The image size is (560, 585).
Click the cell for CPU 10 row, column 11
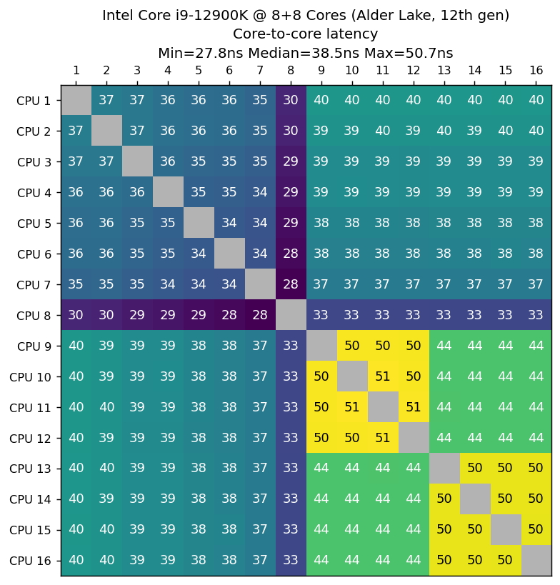click(382, 376)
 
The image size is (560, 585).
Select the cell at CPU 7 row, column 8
click(290, 284)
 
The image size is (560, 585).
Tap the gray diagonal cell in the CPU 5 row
click(198, 223)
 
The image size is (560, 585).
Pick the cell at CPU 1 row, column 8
click(290, 100)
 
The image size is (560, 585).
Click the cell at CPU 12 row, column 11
click(382, 438)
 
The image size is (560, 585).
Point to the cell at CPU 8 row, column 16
click(536, 315)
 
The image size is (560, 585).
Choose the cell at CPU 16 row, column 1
click(76, 560)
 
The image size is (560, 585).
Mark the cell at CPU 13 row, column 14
click(474, 469)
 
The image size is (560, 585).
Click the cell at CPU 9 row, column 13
click(444, 346)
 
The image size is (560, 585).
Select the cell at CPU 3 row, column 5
click(198, 161)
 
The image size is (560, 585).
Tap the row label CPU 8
click(34, 315)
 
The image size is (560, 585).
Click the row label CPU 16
click(31, 560)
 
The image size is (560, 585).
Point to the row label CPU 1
click(34, 100)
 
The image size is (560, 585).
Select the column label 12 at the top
click(413, 70)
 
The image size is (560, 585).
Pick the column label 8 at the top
click(290, 70)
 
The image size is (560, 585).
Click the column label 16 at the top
click(536, 70)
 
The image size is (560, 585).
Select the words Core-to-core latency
click(305, 34)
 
